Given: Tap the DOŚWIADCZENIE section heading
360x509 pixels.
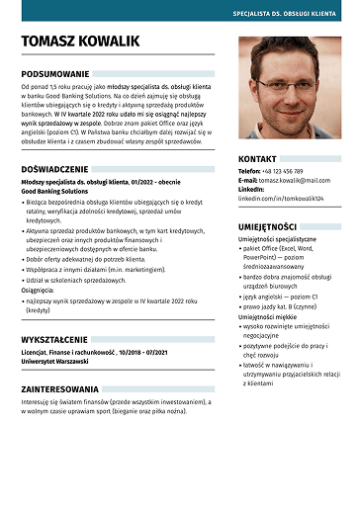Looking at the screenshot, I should [x=61, y=169].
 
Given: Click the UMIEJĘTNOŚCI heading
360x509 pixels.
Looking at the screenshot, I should [x=267, y=227].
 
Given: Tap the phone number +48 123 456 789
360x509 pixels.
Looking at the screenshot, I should [x=282, y=171].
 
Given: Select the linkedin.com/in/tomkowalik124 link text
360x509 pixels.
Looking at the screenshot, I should [x=281, y=198].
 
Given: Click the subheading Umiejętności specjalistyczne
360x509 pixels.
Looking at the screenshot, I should [x=277, y=239].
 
